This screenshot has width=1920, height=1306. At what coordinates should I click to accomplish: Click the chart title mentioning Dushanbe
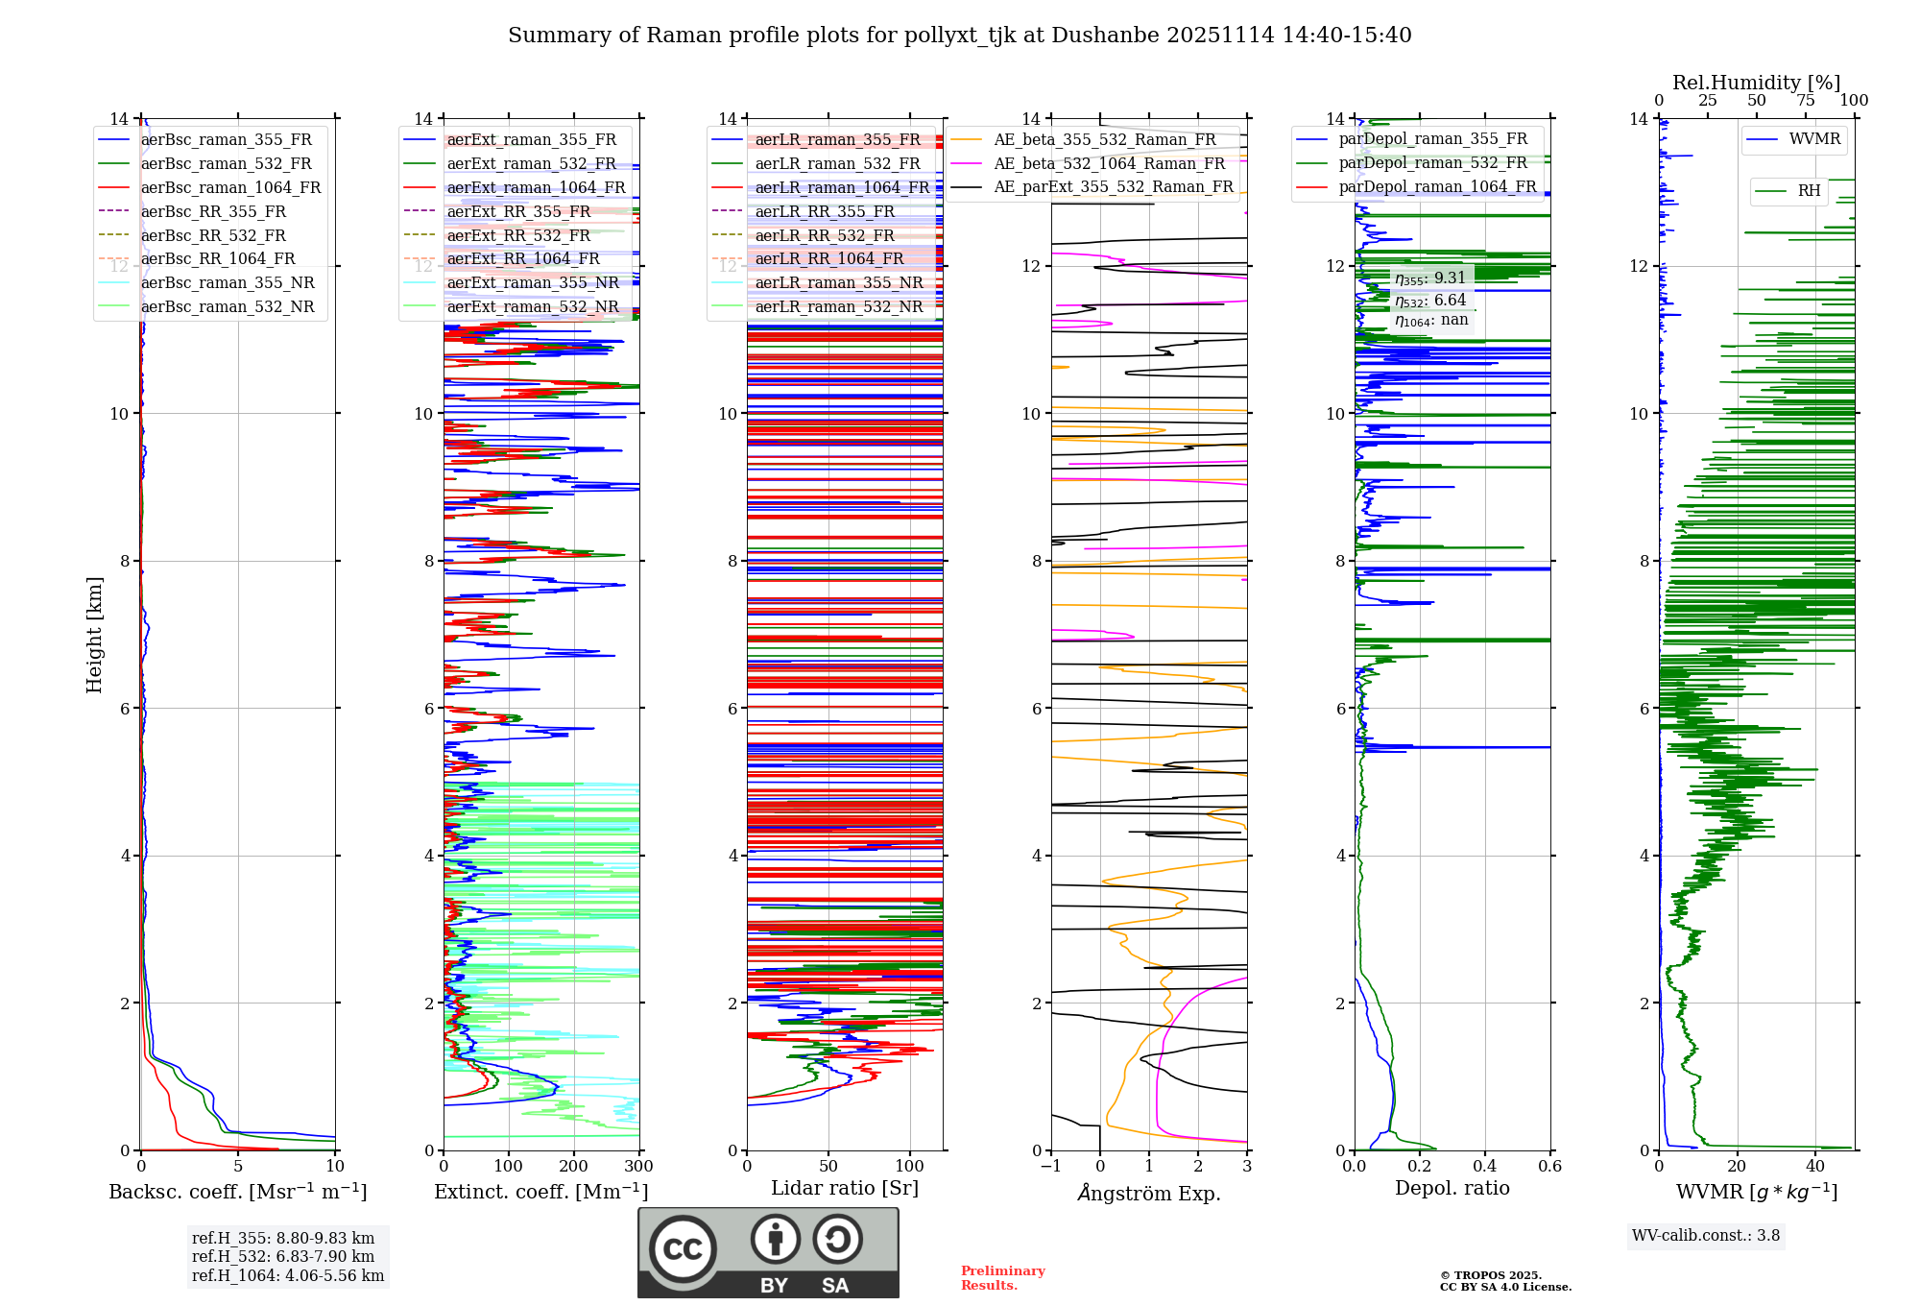pos(959,36)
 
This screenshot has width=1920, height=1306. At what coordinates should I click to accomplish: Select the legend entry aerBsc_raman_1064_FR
pos(230,187)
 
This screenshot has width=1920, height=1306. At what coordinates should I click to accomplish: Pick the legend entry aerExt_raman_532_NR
pos(533,306)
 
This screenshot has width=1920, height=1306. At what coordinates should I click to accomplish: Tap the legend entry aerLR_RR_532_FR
pos(825,235)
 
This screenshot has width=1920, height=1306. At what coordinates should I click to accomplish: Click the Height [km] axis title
pos(94,635)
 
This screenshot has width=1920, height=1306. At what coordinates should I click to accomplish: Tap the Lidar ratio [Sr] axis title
pos(845,1188)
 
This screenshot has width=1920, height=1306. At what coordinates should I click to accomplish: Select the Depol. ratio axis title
pos(1452,1188)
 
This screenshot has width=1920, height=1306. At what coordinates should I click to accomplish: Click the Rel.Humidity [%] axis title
pos(1757,83)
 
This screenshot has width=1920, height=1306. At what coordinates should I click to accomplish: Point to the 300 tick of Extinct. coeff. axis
pos(639,1166)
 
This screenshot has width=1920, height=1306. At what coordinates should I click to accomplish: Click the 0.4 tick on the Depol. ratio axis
pos(1485,1166)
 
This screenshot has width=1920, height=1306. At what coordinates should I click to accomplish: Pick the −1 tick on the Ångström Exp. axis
pos(1050,1166)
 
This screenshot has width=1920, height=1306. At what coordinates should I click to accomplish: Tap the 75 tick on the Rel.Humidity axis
pos(1806,101)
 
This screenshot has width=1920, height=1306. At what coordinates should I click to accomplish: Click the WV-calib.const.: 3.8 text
pos(1706,1236)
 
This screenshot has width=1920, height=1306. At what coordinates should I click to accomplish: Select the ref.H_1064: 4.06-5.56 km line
pos(288,1275)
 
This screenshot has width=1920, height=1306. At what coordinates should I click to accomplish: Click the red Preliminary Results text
pos(1003,1278)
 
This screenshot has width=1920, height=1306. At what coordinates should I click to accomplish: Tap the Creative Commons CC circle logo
pos(683,1248)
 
